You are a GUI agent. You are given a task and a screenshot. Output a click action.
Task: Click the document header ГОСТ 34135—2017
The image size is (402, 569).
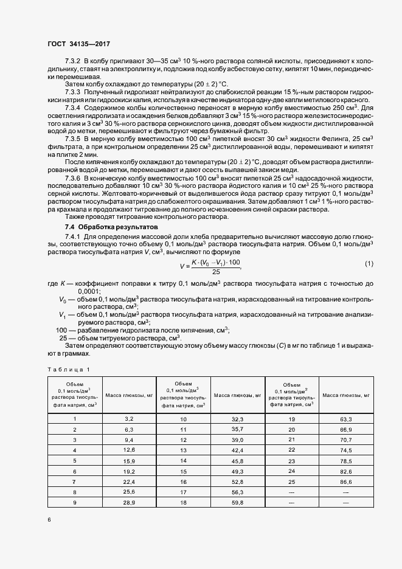pos(78,43)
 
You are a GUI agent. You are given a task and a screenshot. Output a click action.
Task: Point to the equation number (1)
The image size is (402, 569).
pos(369,246)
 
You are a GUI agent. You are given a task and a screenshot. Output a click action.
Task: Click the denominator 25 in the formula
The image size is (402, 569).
pos(216,255)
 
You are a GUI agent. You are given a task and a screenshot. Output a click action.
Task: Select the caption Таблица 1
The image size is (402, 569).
pos(68,370)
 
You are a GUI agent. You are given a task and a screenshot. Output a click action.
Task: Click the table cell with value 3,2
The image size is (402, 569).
pos(128,419)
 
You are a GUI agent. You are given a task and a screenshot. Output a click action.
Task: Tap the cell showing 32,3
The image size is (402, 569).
pos(237,419)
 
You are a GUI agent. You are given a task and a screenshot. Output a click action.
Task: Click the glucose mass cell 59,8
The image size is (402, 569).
pos(237,503)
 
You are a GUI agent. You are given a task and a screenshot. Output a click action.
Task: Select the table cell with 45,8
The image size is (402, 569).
pos(237,460)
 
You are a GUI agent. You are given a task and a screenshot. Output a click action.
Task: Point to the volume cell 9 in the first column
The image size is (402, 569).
pos(75,503)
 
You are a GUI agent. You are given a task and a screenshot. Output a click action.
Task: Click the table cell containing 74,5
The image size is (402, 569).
pos(346,450)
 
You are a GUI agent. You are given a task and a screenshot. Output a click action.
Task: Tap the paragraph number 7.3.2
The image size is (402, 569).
pos(74,61)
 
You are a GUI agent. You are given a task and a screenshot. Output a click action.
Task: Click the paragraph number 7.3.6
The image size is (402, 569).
pos(74,178)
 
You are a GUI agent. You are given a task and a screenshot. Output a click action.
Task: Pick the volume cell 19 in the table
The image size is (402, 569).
pos(291,419)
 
